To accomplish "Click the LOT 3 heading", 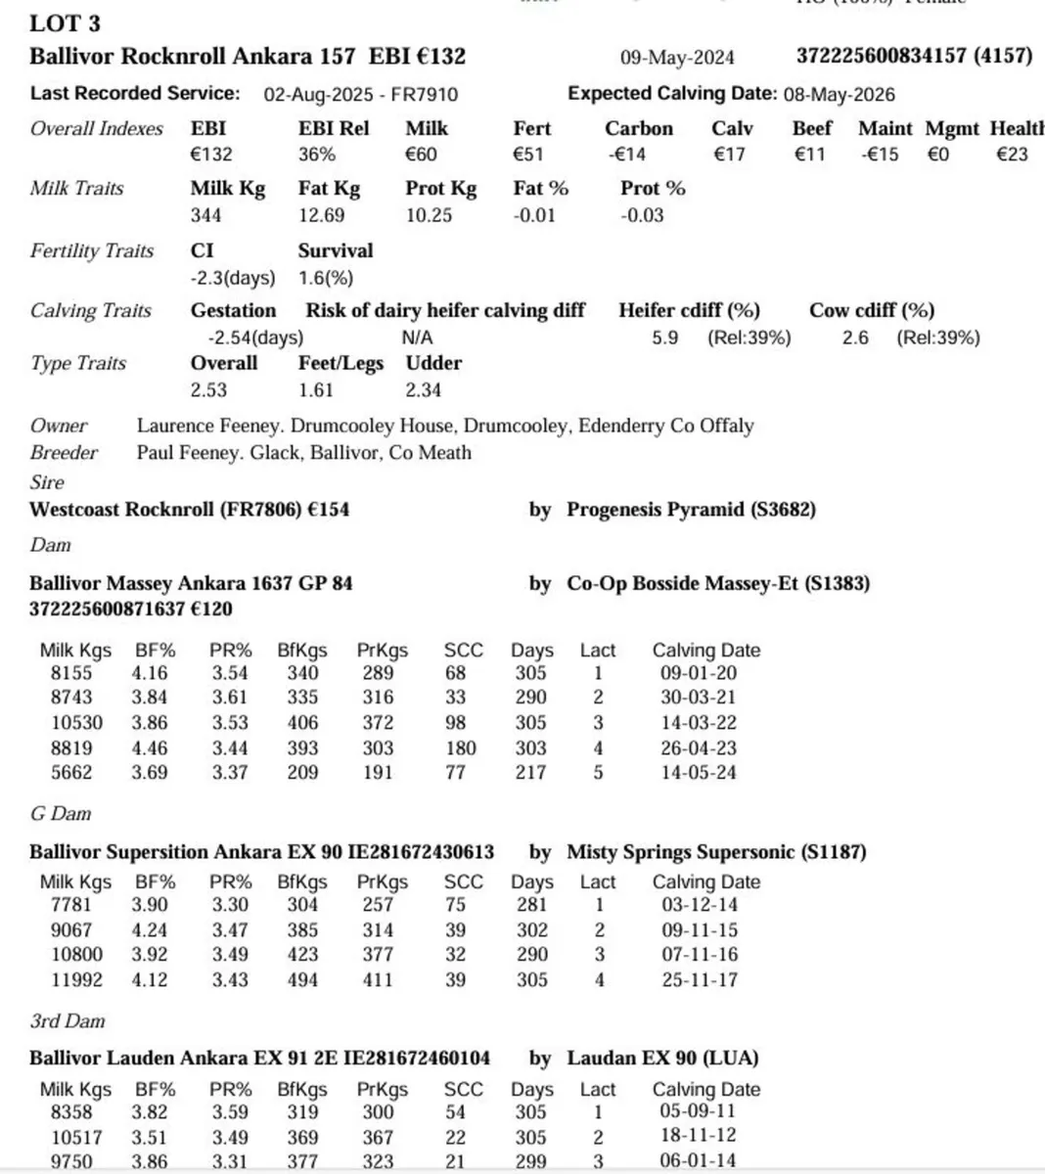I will [x=65, y=23].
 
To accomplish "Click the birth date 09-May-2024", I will [x=677, y=58].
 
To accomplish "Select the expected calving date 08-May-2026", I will [x=839, y=95].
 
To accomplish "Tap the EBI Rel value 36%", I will [x=317, y=155].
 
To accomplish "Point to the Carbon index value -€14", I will [x=625, y=155].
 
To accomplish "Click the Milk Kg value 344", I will [x=205, y=215].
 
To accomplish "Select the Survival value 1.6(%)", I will [x=326, y=278].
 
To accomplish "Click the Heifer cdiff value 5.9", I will [x=665, y=338].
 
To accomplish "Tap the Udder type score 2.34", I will [x=423, y=389].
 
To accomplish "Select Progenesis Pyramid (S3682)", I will [x=691, y=510].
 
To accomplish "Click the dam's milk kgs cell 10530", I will [x=76, y=723].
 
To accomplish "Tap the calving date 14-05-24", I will [x=699, y=773].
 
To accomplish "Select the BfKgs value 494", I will [x=302, y=979].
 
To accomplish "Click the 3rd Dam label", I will [x=67, y=1020].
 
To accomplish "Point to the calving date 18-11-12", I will [x=699, y=1138].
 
